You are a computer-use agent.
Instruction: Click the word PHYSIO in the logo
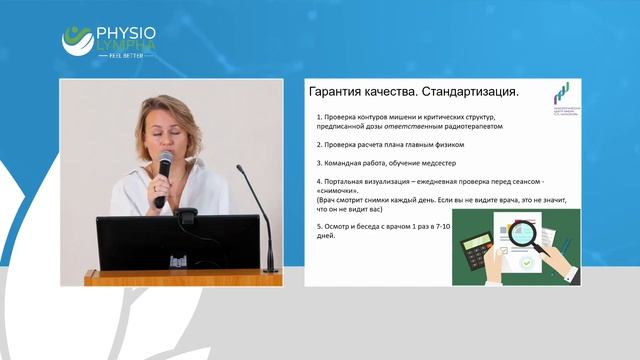coord(126,31)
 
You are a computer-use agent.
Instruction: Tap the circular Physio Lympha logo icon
coord(76,40)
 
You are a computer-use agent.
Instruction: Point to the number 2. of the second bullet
coord(318,144)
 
